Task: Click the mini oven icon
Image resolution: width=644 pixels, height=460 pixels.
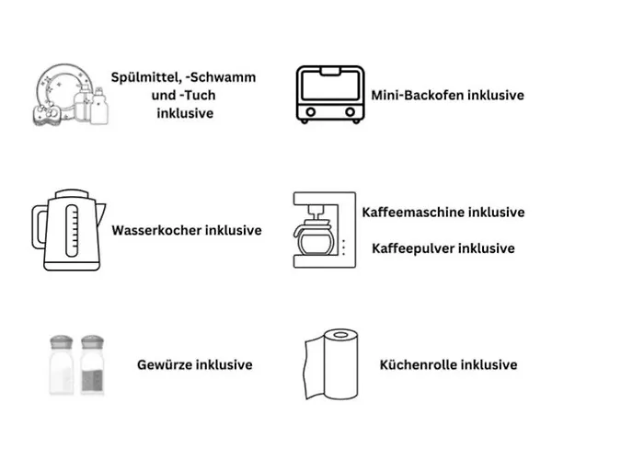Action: coord(328,94)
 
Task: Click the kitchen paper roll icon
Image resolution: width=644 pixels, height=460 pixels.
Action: coord(329,364)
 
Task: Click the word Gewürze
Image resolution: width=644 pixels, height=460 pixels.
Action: coord(165,364)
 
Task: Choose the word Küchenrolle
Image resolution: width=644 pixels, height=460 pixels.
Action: coord(419,364)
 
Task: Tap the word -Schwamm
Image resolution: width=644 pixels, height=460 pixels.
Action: coord(222,77)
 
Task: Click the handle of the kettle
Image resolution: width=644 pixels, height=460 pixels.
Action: coord(40,235)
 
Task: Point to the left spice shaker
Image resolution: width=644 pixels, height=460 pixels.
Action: coord(61,365)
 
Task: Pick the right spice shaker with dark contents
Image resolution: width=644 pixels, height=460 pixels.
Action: coord(92,365)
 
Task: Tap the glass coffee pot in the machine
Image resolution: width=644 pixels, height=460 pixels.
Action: coord(316,242)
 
